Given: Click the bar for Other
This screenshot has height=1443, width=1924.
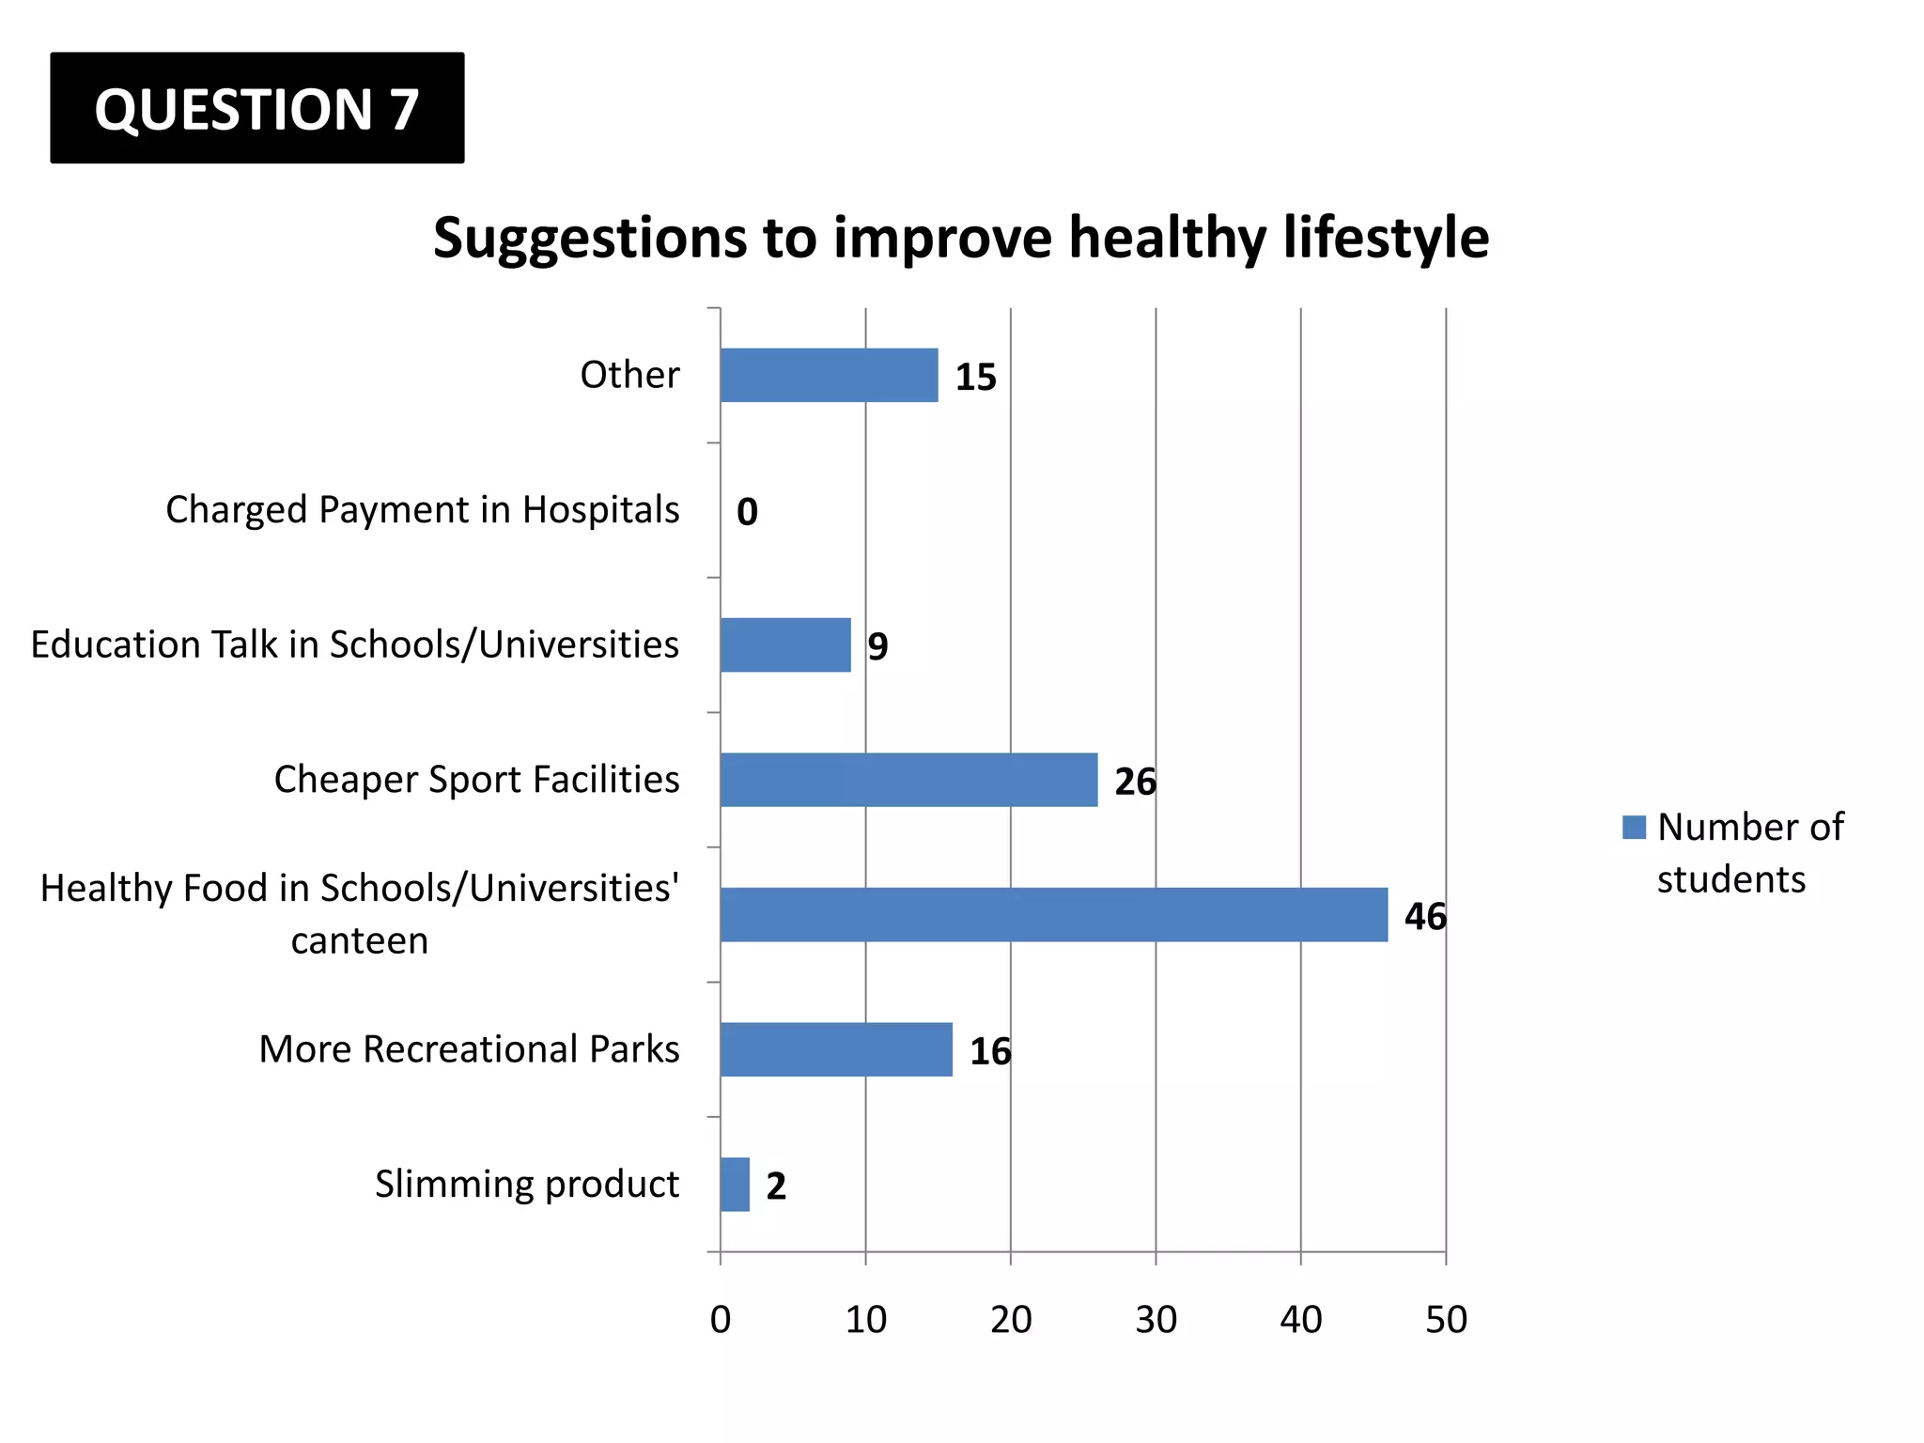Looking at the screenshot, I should click(829, 376).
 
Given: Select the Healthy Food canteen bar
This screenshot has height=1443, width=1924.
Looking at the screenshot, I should click(1053, 914).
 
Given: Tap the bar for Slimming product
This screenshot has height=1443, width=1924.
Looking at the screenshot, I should click(735, 1184).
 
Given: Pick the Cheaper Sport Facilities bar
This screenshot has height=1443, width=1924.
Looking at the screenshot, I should click(908, 780).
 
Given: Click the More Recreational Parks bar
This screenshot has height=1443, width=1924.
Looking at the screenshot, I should click(836, 1049).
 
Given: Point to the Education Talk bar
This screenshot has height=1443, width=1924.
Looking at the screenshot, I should click(785, 645).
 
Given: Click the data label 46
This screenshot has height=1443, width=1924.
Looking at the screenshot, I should click(1424, 916).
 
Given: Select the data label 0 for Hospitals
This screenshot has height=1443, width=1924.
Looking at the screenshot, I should click(747, 512).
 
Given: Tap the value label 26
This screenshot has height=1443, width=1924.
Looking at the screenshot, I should click(1135, 782).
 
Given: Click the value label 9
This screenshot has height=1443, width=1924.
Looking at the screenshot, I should click(877, 646).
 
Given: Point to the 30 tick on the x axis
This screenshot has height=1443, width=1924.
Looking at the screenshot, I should click(1156, 1320).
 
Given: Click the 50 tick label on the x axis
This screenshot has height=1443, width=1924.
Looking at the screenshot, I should click(1445, 1320).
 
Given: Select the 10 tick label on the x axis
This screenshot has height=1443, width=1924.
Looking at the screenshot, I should click(865, 1320).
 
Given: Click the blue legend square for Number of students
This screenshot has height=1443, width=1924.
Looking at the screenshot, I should click(1634, 827).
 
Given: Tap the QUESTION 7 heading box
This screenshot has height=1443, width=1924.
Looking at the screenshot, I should click(256, 108).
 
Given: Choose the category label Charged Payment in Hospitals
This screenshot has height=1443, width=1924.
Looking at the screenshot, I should click(422, 510).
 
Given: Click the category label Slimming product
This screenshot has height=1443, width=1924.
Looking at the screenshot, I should click(526, 1184).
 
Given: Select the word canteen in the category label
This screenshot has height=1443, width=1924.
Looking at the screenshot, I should click(360, 940).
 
